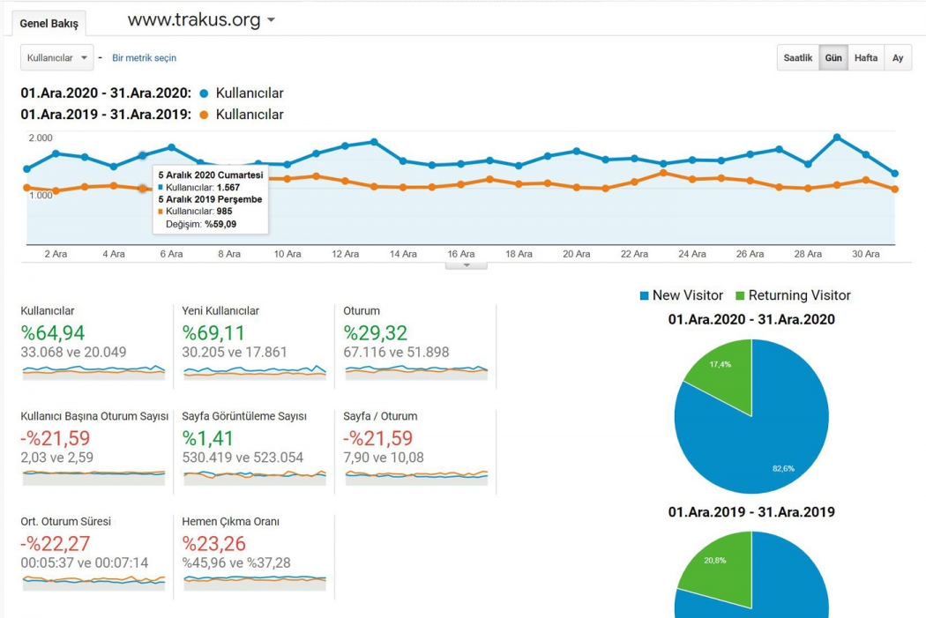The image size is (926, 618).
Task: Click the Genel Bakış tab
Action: click(49, 24)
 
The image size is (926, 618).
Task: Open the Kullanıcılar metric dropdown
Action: click(56, 58)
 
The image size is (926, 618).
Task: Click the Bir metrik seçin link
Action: click(144, 58)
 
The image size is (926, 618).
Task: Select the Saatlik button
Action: click(798, 58)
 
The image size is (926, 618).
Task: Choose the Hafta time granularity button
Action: click(866, 58)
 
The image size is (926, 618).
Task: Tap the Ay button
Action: click(898, 58)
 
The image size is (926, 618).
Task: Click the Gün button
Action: click(833, 58)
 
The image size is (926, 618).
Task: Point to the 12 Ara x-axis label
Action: click(345, 254)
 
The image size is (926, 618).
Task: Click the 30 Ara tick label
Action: click(865, 254)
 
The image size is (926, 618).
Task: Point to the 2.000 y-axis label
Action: click(41, 138)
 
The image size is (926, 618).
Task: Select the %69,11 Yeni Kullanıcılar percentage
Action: click(213, 333)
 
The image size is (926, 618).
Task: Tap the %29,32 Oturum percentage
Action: click(376, 333)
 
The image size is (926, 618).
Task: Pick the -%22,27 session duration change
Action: click(55, 544)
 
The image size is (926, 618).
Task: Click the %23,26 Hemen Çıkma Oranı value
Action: click(214, 544)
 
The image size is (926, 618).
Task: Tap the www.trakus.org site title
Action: click(194, 19)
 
